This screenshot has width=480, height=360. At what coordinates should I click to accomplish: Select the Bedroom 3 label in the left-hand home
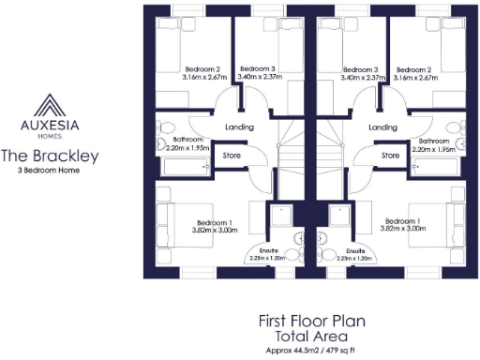pyautogui.click(x=256, y=69)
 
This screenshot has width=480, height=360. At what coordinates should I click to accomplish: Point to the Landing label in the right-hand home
pyautogui.click(x=382, y=127)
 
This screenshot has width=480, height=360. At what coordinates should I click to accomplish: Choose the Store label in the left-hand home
pyautogui.click(x=230, y=156)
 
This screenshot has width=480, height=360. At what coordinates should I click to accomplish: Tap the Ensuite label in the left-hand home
pyautogui.click(x=265, y=251)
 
